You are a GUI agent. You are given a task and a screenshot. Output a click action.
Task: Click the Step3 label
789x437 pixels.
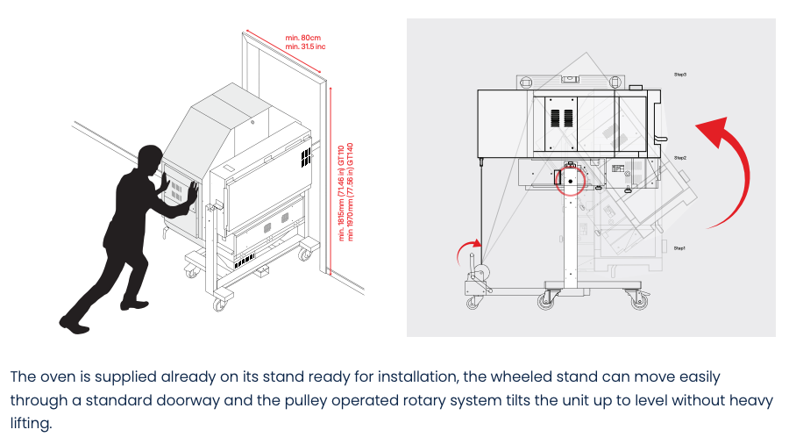tap(680, 75)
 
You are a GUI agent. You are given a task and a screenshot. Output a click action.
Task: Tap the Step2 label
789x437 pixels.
tap(680, 157)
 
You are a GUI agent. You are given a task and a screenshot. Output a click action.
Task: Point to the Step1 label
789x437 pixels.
tap(679, 248)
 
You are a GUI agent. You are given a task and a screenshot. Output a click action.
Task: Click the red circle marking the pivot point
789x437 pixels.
tap(570, 179)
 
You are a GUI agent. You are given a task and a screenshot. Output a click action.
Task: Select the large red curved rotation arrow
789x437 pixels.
tap(727, 172)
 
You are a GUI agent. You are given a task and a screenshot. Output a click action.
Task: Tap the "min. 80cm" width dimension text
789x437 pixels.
tap(304, 37)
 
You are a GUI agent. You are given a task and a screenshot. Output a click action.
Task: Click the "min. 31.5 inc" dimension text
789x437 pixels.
tap(305, 47)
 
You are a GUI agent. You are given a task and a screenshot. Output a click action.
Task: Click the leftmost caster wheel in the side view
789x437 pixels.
tap(474, 302)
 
